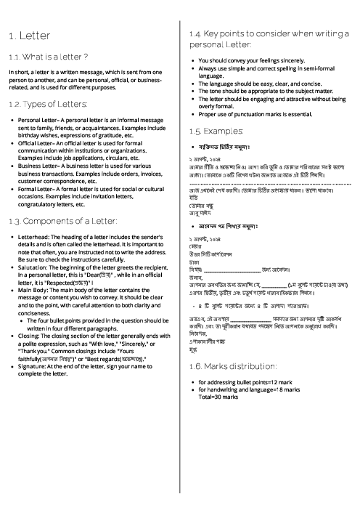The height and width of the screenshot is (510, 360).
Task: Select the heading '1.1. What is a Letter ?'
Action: click(x=49, y=57)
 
